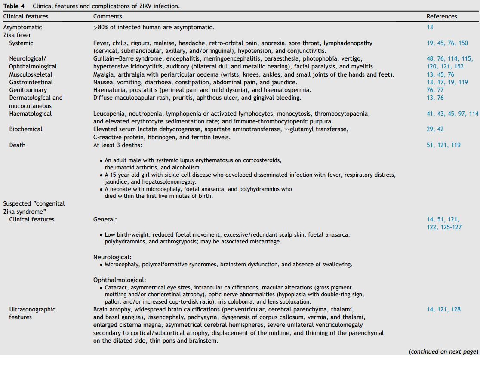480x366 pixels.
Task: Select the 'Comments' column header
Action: pyautogui.click(x=108, y=16)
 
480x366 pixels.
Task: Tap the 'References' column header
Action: pyautogui.click(x=442, y=16)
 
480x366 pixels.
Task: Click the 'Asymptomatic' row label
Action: pyautogui.click(x=23, y=27)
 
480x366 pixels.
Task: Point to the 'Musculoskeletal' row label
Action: pyautogui.click(x=31, y=74)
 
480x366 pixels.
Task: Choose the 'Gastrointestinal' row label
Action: pyautogui.click(x=31, y=82)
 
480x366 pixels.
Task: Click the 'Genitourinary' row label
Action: pyautogui.click(x=28, y=90)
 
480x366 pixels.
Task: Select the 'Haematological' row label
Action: pyautogui.click(x=30, y=114)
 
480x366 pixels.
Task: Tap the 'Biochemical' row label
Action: pyautogui.click(x=26, y=129)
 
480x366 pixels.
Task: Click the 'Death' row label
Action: pyautogui.click(x=17, y=145)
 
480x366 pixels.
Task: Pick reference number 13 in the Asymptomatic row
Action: pyautogui.click(x=430, y=27)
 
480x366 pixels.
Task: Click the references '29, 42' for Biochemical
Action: pyautogui.click(x=435, y=129)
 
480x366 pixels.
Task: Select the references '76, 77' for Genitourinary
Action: pyautogui.click(x=435, y=90)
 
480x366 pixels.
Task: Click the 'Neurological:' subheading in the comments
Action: pyautogui.click(x=112, y=257)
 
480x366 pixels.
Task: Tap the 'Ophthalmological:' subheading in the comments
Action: pyautogui.click(x=120, y=280)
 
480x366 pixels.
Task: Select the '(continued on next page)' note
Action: pyautogui.click(x=443, y=351)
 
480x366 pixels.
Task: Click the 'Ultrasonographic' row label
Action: pyautogui.click(x=32, y=309)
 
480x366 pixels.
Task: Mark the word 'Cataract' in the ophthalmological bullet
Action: pyautogui.click(x=116, y=287)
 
